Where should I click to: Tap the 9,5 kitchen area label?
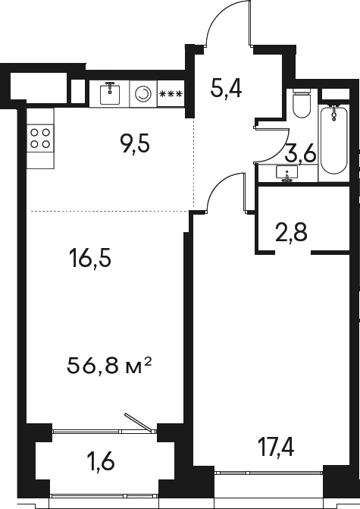tap(135, 143)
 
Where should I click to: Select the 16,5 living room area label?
tap(89, 259)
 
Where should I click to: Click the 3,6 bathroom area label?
tap(300, 156)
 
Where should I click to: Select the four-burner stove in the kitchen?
tap(41, 137)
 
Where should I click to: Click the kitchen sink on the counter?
tap(111, 93)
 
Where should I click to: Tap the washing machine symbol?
tap(142, 93)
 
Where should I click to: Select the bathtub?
tap(333, 140)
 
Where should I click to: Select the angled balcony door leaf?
tap(139, 423)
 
